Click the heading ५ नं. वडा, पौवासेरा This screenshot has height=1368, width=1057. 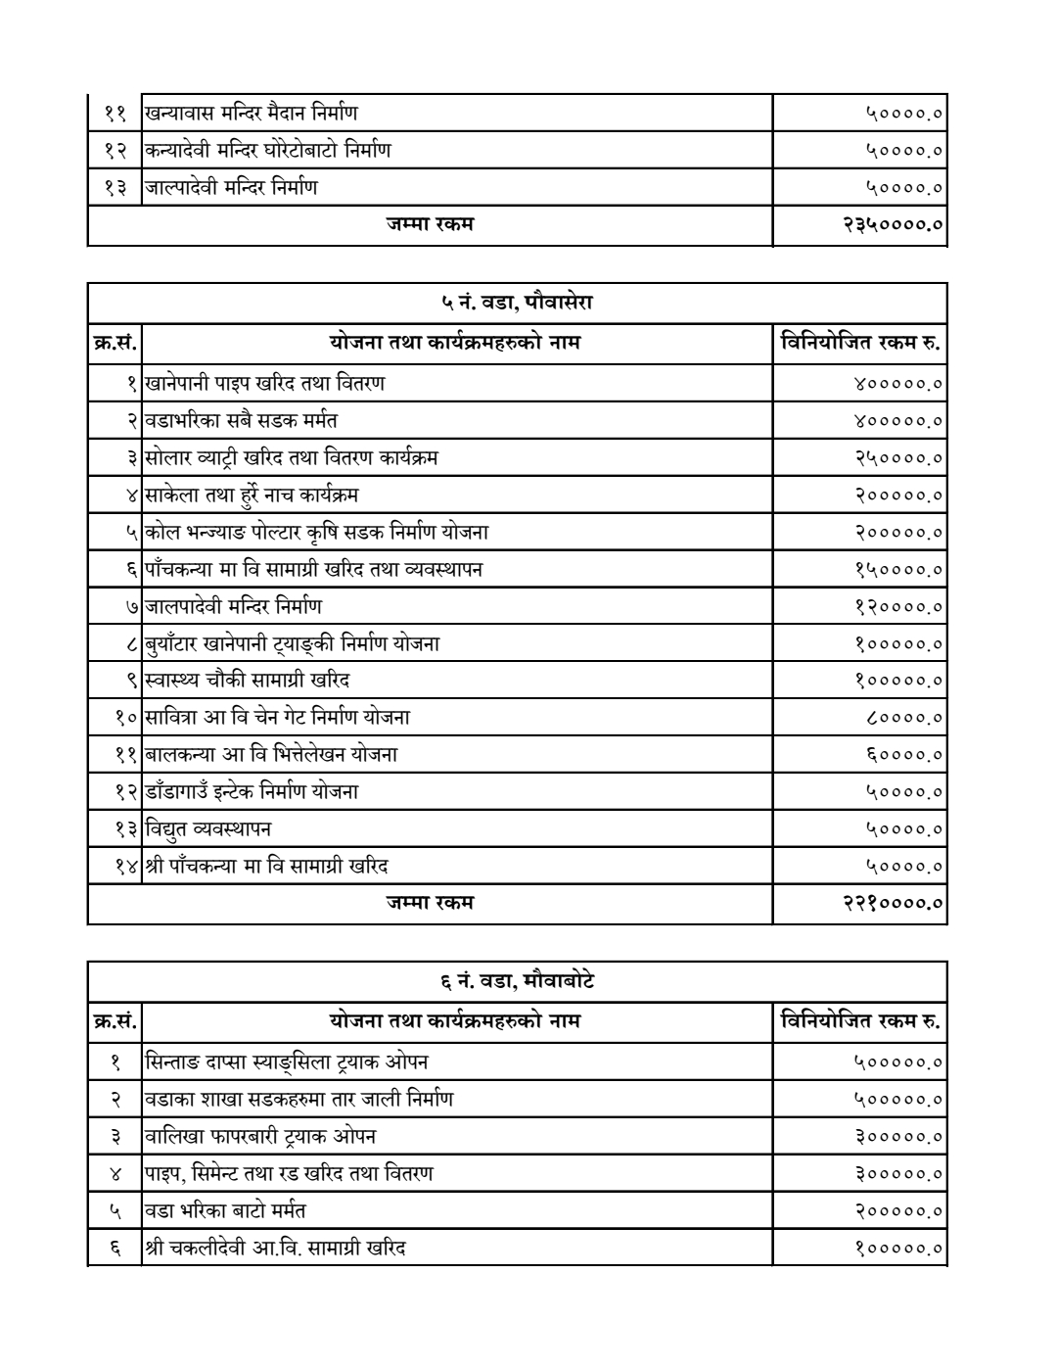tap(517, 303)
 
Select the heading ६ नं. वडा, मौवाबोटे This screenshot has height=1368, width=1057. tap(517, 981)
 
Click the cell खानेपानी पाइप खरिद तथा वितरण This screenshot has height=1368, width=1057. tap(264, 383)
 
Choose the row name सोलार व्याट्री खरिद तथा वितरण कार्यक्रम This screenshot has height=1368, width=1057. tap(292, 457)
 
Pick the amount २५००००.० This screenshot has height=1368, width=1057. tap(897, 458)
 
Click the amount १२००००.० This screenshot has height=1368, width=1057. tap(897, 607)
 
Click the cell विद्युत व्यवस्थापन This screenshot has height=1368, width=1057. tap(208, 828)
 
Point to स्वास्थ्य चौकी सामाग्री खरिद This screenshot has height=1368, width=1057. tap(248, 681)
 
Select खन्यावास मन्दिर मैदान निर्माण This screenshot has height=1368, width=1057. tap(251, 113)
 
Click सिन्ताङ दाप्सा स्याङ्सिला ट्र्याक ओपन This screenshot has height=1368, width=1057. tap(286, 1061)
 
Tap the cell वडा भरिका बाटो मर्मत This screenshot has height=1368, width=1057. tap(225, 1210)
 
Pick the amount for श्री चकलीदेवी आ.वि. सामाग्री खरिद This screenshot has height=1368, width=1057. tap(897, 1249)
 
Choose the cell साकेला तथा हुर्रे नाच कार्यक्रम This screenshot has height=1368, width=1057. tap(253, 495)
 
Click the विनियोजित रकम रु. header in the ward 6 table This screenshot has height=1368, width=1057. tap(860, 1021)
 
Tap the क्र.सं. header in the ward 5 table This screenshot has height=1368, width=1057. tap(115, 343)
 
